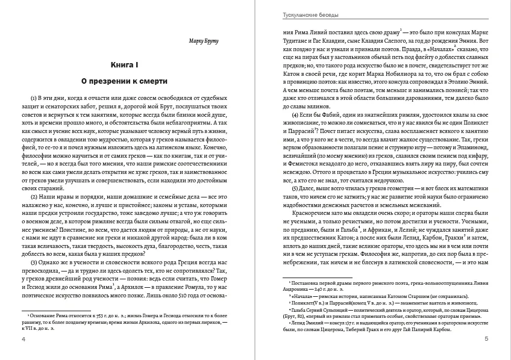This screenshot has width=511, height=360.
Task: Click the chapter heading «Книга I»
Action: tap(125, 64)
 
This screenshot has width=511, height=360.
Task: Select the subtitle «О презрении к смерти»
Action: tap(125, 80)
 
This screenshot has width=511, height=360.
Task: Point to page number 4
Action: tap(24, 341)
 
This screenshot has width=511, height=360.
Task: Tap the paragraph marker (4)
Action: tap(296, 115)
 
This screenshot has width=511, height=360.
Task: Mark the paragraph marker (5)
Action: tap(296, 188)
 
